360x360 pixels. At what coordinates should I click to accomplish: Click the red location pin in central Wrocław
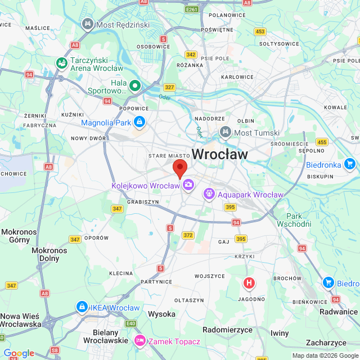[x=179, y=168]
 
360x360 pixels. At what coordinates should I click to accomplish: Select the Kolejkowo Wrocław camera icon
[x=188, y=184]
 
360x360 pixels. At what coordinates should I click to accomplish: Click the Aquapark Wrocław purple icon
[x=209, y=194]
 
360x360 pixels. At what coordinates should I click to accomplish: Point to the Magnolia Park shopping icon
[x=139, y=122]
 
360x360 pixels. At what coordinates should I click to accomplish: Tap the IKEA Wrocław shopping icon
[x=82, y=307]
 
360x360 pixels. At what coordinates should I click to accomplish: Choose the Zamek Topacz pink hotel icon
[x=139, y=341]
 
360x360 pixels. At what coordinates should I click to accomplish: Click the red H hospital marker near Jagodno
[x=247, y=283]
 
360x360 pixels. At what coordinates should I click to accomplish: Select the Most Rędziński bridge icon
[x=87, y=24]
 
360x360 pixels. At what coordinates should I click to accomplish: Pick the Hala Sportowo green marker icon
[x=134, y=86]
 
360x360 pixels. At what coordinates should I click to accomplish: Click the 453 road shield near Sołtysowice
[x=260, y=31]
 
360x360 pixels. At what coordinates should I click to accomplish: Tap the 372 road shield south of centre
[x=188, y=235]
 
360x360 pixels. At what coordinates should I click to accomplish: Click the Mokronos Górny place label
[x=19, y=236]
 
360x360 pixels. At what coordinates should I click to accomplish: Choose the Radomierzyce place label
[x=226, y=330]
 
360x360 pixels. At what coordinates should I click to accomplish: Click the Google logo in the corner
[x=19, y=353]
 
